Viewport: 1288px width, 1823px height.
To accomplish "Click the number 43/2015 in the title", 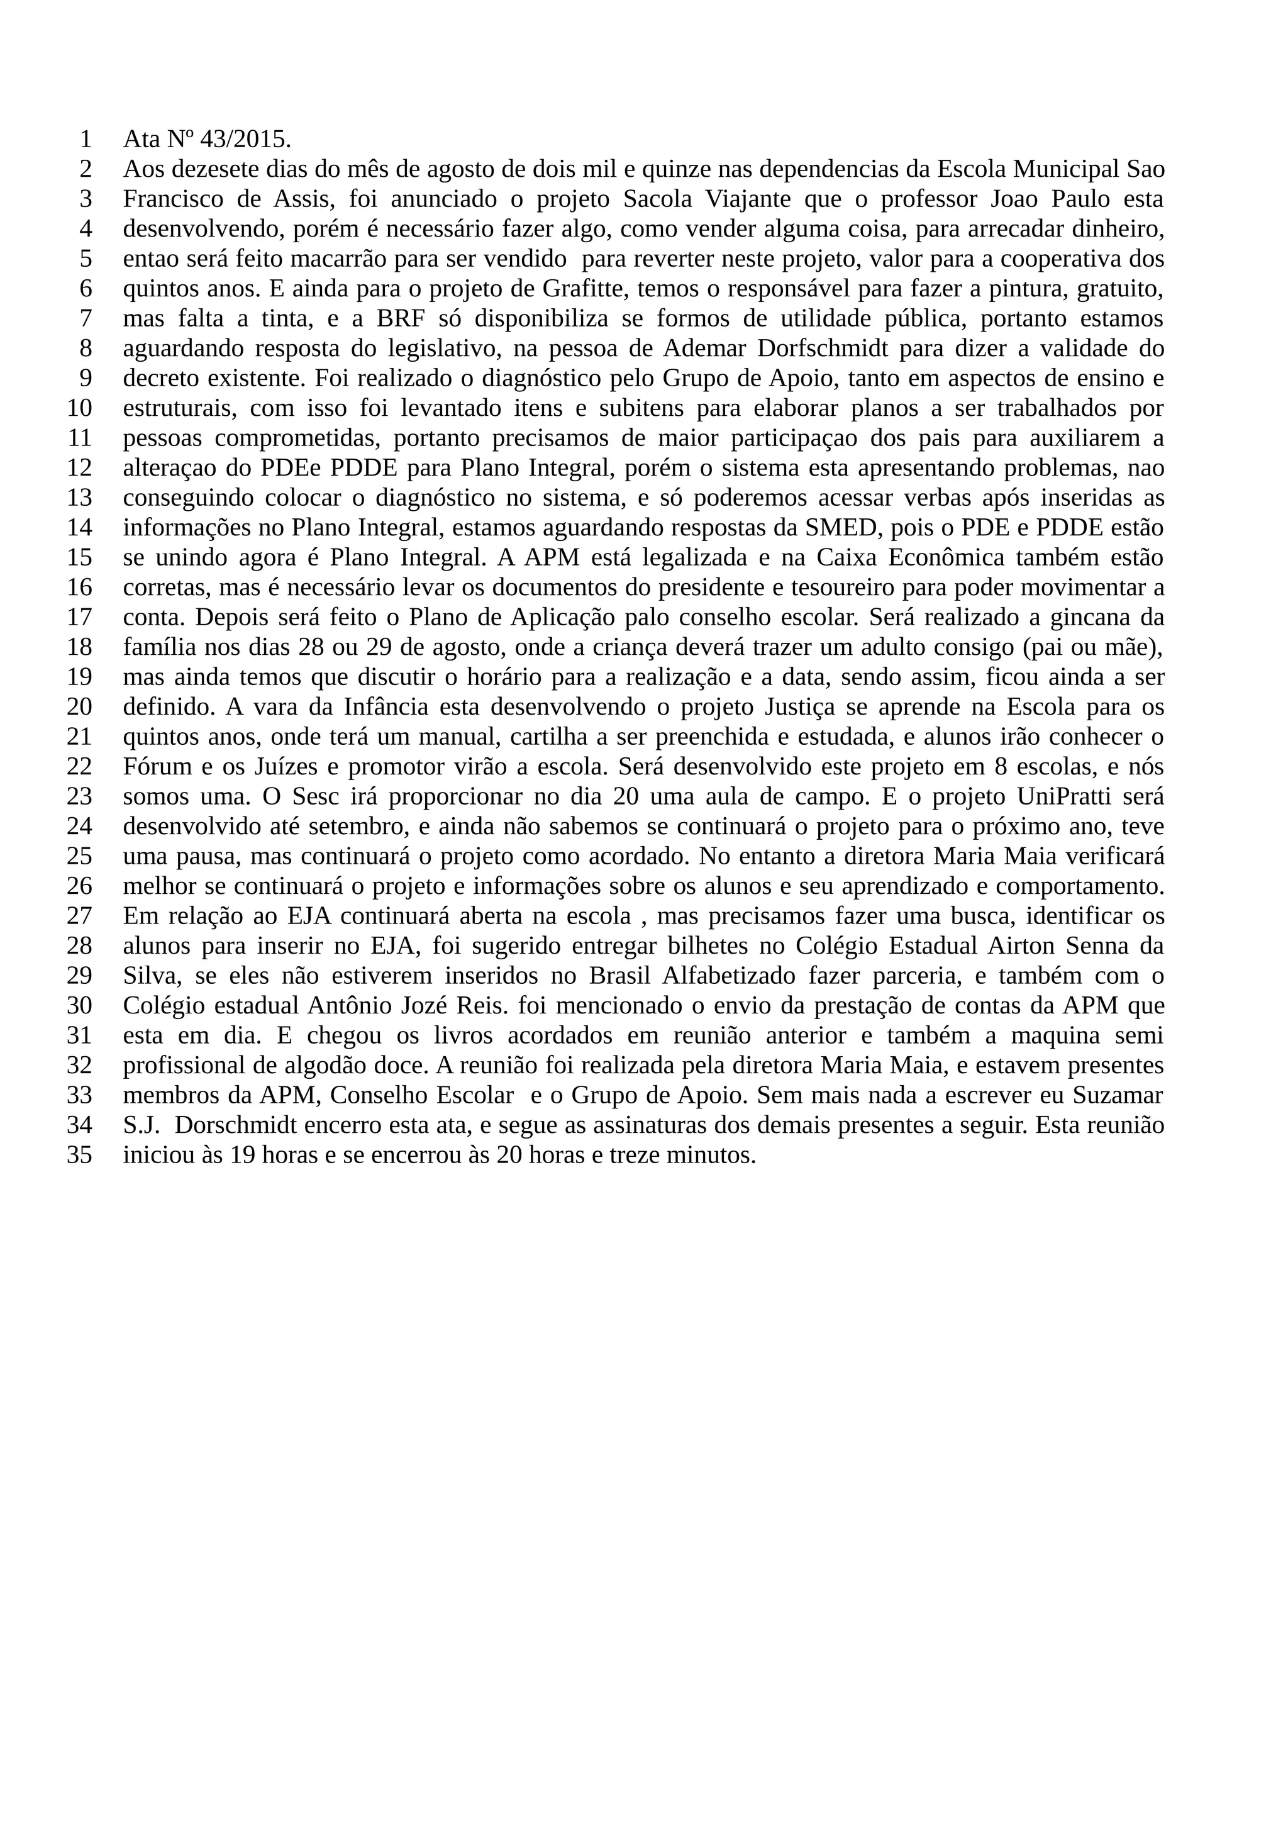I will tap(245, 140).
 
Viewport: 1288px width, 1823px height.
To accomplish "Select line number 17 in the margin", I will tap(79, 618).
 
